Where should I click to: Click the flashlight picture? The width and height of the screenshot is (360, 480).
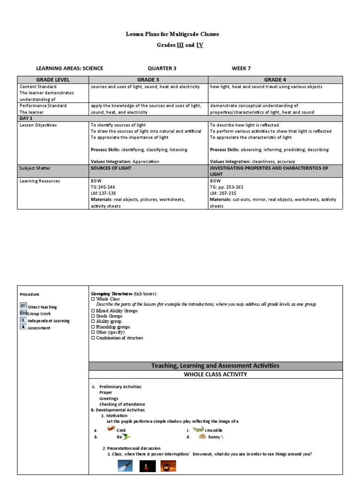125,466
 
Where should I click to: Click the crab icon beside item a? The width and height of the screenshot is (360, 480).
111,428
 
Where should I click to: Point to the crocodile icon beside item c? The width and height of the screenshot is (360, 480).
198,429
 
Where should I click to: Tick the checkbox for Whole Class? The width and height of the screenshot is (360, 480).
93,299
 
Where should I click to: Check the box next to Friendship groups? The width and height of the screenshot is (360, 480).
93,327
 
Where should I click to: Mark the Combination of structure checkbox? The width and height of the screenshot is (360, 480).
93,337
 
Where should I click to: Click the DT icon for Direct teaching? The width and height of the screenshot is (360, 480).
23,306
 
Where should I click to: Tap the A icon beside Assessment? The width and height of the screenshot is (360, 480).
22,327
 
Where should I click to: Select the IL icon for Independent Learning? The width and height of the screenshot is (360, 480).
23,320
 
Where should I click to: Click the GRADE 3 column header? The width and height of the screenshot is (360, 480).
148,80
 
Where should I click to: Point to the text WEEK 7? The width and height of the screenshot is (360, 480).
241,68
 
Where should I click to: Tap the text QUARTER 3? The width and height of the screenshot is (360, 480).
162,68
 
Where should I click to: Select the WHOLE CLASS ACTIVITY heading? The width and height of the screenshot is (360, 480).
215,375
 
